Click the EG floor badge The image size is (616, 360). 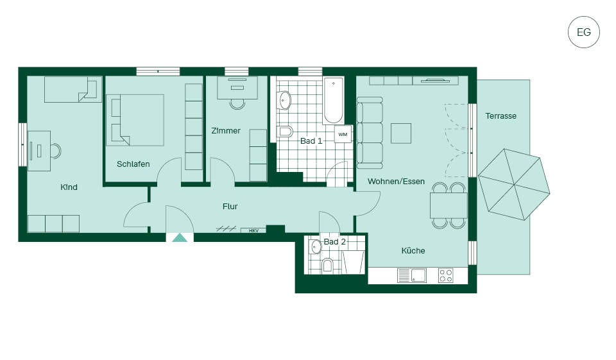584,32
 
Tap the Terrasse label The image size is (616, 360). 501,116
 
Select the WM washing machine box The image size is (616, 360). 343,134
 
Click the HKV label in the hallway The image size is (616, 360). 254,231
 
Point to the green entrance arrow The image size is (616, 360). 180,237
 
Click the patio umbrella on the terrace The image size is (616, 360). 514,184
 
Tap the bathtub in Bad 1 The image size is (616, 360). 333,101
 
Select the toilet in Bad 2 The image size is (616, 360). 327,266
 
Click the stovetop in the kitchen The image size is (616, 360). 445,275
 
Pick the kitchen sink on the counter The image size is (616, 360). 418,275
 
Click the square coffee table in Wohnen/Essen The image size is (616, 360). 401,133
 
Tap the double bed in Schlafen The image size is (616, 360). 135,120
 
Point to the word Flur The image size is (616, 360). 230,207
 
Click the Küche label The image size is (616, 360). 413,250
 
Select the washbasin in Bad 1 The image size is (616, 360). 284,100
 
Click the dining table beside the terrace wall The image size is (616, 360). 449,205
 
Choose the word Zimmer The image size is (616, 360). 226,130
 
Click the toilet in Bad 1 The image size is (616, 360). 285,132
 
